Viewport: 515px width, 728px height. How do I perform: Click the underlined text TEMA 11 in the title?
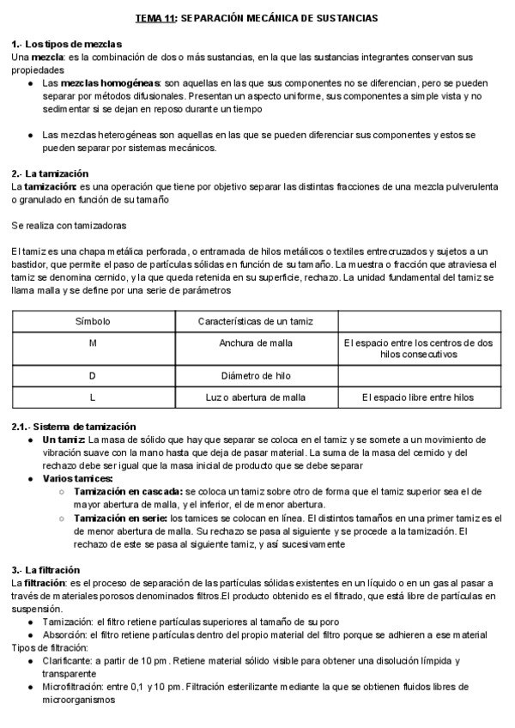[x=155, y=17]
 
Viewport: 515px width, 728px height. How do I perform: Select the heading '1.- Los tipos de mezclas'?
[x=66, y=44]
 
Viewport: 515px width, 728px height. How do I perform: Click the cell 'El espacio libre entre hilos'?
[x=417, y=397]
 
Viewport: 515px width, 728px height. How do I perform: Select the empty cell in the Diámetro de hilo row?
[x=417, y=376]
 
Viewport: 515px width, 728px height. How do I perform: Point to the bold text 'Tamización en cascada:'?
[x=126, y=491]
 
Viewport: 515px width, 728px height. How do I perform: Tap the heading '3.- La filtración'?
[x=45, y=570]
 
